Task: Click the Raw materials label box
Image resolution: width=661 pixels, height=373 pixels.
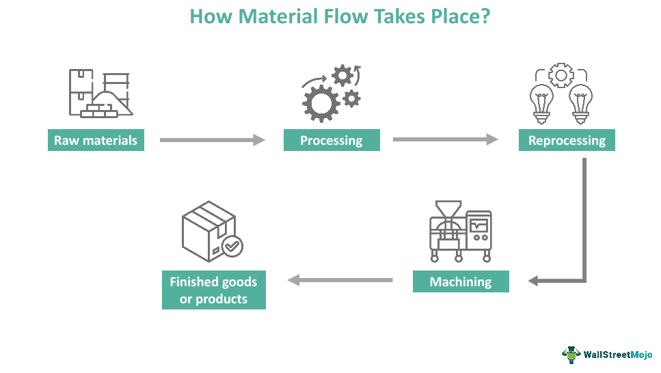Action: (x=96, y=141)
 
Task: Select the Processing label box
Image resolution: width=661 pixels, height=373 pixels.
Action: (x=332, y=141)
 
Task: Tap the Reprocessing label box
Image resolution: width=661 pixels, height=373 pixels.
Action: (x=567, y=141)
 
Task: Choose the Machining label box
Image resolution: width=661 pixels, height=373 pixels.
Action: (x=460, y=281)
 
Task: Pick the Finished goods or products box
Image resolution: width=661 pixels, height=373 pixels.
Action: (x=213, y=290)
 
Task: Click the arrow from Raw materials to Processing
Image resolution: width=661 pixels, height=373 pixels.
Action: (x=212, y=140)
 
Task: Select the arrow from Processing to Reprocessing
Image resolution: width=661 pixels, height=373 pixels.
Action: (x=445, y=140)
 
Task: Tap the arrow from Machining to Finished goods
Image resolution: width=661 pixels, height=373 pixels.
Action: (x=340, y=279)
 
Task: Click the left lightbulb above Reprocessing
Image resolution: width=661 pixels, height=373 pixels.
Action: (x=541, y=102)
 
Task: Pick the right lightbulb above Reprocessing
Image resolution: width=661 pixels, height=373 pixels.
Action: (x=580, y=102)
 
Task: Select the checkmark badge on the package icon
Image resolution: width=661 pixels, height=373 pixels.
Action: (x=232, y=246)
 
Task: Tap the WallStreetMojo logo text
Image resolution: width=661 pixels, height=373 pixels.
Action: (x=617, y=354)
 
